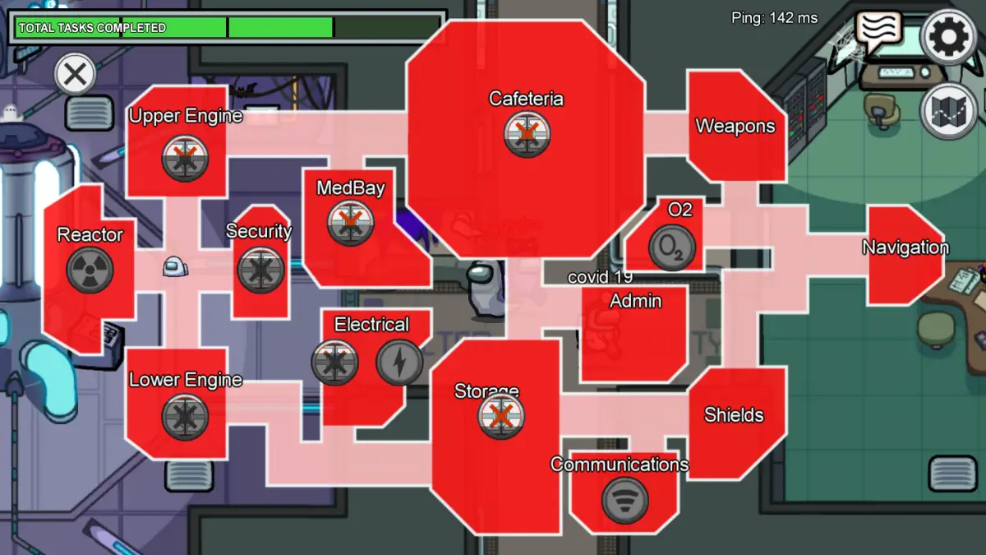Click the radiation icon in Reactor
(90, 269)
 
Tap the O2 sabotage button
(672, 247)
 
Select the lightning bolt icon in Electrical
(400, 362)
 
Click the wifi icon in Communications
(624, 500)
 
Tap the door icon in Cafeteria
(527, 133)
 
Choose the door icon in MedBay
(351, 223)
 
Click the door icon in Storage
(500, 415)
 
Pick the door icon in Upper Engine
(185, 158)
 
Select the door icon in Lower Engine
(185, 417)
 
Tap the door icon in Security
(261, 271)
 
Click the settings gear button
(948, 37)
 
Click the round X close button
(75, 76)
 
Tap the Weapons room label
(735, 127)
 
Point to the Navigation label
(905, 247)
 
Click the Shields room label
(734, 415)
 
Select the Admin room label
(635, 301)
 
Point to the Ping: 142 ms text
(775, 17)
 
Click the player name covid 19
(600, 277)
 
